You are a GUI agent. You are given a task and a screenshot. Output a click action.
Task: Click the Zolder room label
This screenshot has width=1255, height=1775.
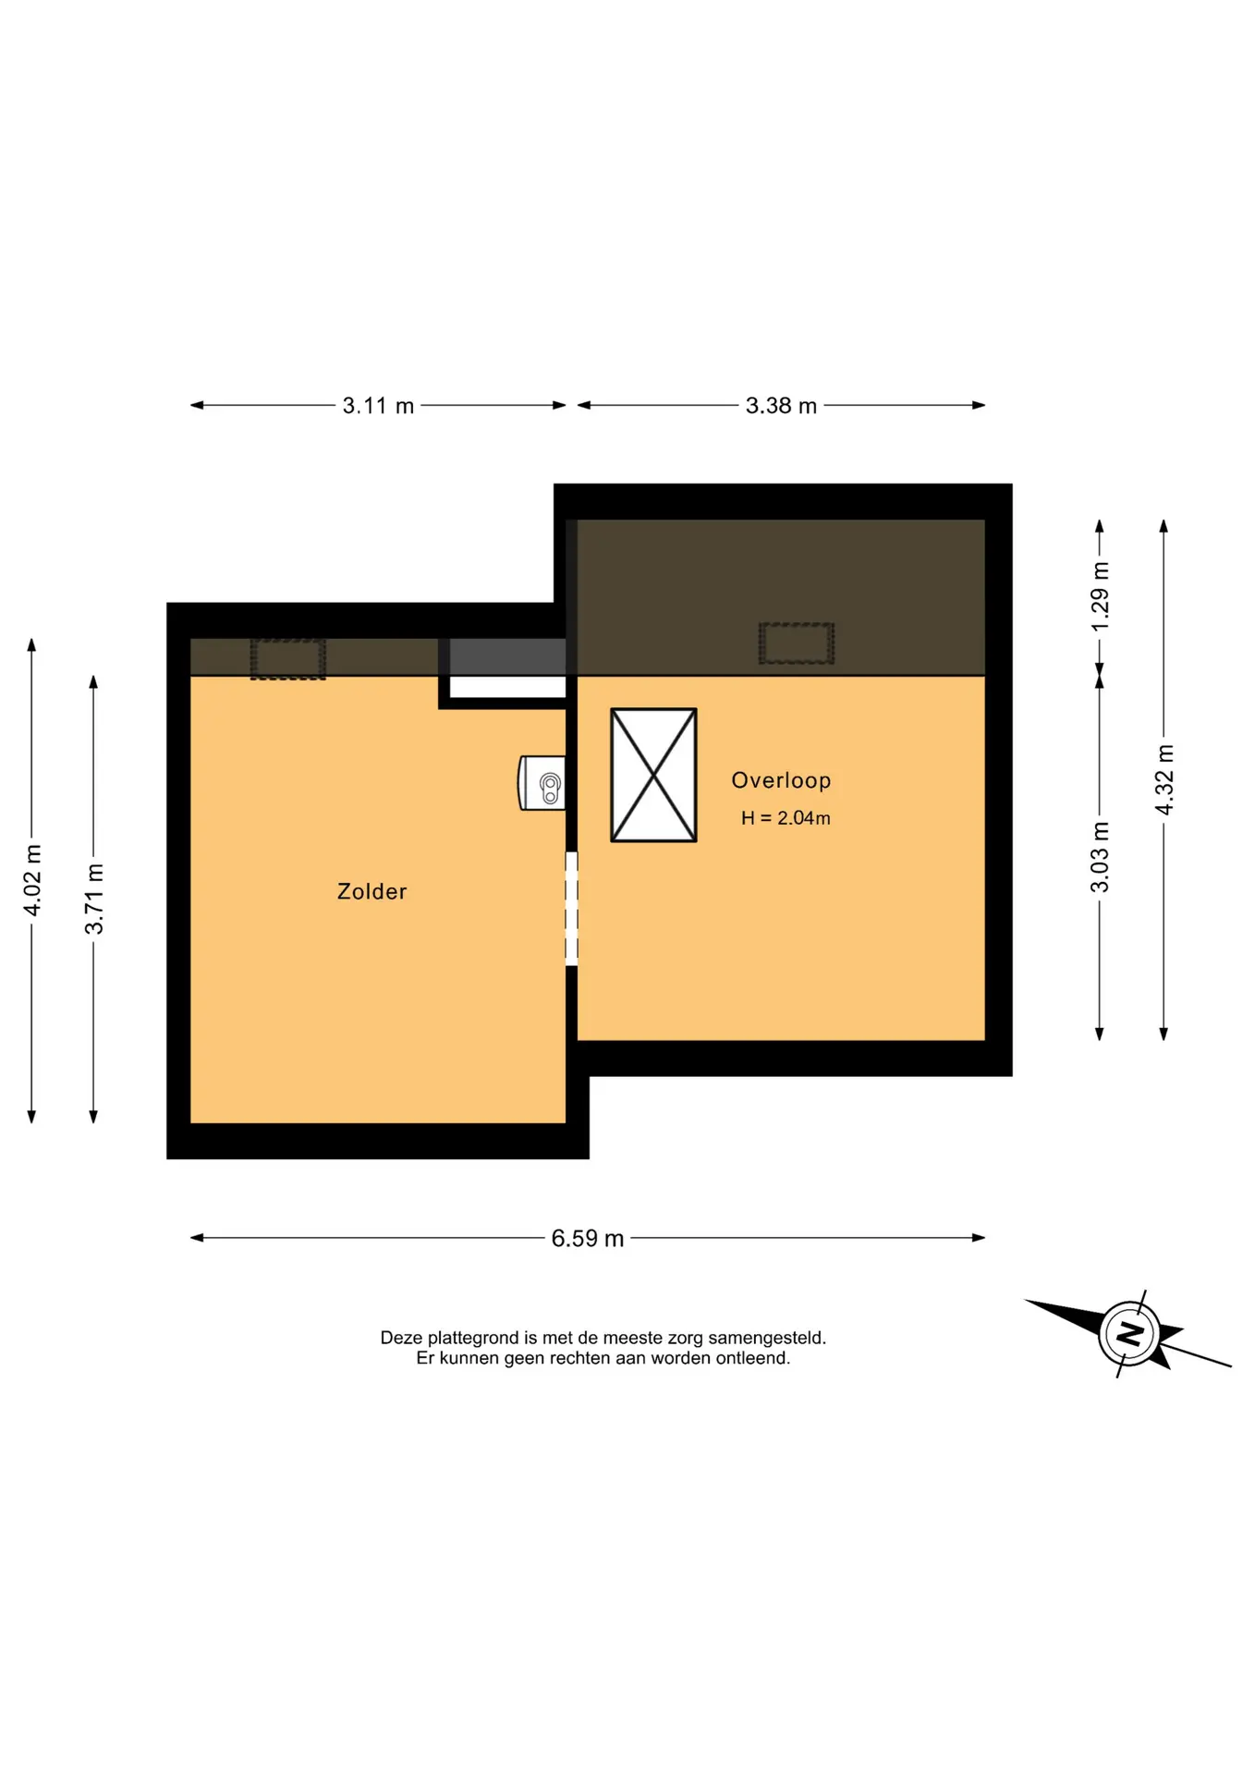coord(372,891)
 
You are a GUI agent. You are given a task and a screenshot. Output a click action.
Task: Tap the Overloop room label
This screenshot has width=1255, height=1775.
coord(781,781)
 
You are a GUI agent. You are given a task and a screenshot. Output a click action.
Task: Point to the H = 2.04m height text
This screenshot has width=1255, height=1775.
coord(786,818)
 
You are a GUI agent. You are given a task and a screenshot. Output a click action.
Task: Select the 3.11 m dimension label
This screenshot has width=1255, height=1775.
coord(378,406)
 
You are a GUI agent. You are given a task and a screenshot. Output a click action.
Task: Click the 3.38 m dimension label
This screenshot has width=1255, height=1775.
coord(781,406)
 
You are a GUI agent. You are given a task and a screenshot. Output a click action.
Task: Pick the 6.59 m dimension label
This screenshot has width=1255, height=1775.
coord(588,1239)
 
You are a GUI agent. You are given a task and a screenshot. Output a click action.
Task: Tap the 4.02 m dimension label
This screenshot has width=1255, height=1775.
coord(32,880)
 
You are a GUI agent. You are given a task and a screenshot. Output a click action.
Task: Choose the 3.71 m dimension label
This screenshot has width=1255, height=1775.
coord(94,899)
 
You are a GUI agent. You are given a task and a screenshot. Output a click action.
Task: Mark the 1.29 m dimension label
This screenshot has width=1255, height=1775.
coord(1100,597)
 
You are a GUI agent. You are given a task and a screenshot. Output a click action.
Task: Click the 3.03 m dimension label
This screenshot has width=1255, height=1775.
coord(1100,857)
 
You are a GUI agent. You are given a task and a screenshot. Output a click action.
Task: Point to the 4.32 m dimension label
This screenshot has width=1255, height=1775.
coord(1164,780)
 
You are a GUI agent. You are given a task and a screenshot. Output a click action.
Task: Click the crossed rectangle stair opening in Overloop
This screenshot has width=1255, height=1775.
coord(653,776)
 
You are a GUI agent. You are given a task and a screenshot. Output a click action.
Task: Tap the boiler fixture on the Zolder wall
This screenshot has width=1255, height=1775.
coord(542,783)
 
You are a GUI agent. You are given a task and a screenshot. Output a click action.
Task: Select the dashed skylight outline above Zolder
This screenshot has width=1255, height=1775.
coord(288,659)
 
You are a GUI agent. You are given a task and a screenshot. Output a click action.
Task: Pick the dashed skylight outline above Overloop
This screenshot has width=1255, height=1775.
coord(797,643)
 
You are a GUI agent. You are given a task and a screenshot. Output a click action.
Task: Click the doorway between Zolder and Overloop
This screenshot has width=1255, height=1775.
coord(571,909)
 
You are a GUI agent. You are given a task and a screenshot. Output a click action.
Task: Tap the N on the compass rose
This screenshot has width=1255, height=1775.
coord(1129,1334)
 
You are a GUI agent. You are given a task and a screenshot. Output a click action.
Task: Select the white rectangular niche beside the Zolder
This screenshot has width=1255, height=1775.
coord(507,687)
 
